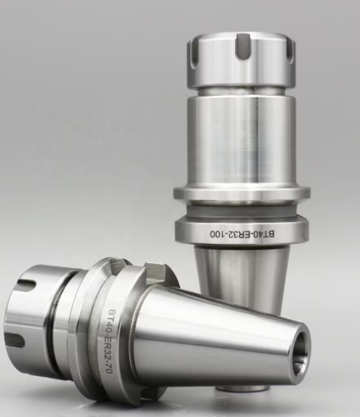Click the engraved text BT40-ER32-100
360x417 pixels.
pos(242,234)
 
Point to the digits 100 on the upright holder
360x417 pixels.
pos(217,234)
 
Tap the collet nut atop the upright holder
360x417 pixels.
pos(242,60)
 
